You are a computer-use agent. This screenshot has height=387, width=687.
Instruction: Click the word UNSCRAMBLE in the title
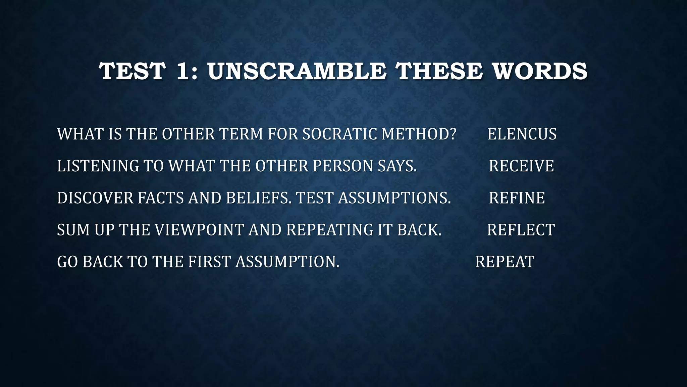297,72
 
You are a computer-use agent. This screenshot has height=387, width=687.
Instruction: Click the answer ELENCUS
522,134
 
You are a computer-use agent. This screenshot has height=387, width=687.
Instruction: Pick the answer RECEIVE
521,166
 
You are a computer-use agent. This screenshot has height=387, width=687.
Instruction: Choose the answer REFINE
517,198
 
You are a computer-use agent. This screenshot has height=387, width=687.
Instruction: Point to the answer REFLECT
521,230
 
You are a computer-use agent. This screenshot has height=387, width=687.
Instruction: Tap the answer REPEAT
505,262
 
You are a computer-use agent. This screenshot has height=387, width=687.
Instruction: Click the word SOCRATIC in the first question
339,134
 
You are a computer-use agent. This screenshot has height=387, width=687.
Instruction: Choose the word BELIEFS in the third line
258,198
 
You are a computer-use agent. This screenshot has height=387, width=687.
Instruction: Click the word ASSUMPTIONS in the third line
394,198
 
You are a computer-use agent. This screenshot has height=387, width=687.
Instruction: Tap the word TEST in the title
132,72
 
